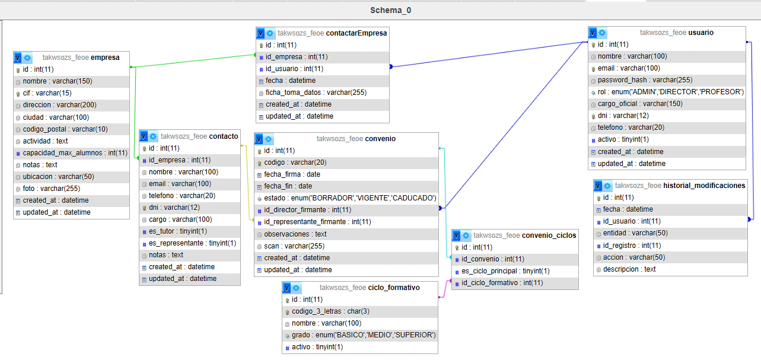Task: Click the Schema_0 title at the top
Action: pos(390,10)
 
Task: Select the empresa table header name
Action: pos(106,58)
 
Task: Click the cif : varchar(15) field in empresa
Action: pos(47,93)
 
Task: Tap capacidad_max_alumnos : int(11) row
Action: pos(75,152)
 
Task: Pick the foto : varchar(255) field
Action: pos(52,188)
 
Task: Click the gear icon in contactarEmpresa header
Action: pos(270,33)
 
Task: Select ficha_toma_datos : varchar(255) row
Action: pos(316,93)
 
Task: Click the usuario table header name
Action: pos(701,33)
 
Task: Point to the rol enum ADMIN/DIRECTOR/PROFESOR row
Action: pos(670,92)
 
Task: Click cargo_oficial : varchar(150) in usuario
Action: pos(640,104)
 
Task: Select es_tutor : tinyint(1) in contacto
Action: pos(178,231)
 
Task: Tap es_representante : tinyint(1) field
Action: pos(192,243)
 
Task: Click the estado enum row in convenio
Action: pos(350,198)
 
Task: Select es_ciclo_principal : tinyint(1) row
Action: pos(505,271)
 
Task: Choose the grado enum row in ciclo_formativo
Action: pos(364,335)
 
